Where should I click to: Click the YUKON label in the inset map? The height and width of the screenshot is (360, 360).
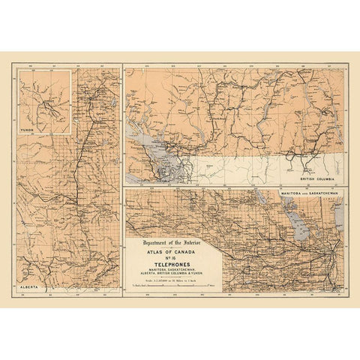(29, 128)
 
